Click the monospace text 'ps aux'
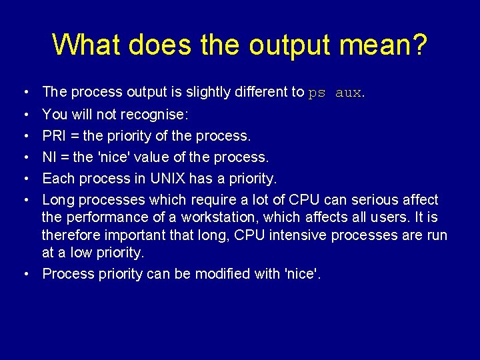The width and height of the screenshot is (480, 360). pyautogui.click(x=335, y=93)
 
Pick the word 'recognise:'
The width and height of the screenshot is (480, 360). pyautogui.click(x=158, y=115)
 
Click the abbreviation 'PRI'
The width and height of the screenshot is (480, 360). pyautogui.click(x=54, y=136)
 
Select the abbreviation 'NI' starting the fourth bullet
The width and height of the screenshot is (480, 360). pyautogui.click(x=49, y=157)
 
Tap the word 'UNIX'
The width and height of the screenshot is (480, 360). pyautogui.click(x=165, y=179)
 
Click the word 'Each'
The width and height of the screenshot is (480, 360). pyautogui.click(x=56, y=179)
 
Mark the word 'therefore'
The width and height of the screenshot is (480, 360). pyautogui.click(x=69, y=235)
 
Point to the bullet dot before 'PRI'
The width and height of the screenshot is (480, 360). pyautogui.click(x=24, y=136)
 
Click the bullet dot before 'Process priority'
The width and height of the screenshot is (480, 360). pyautogui.click(x=24, y=273)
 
